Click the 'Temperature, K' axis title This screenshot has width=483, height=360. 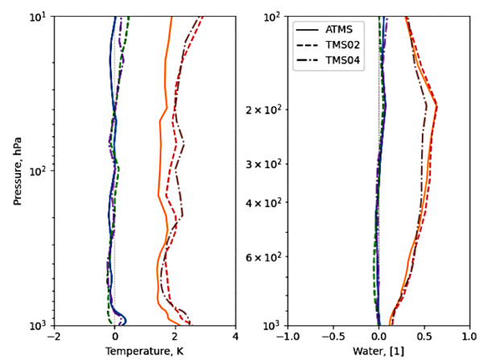145,352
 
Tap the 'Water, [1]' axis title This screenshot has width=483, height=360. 379,352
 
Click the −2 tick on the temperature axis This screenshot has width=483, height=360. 53,337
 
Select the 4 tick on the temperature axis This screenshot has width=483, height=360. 235,337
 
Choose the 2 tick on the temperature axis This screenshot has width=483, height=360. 175,337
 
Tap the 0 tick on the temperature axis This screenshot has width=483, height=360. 115,337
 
